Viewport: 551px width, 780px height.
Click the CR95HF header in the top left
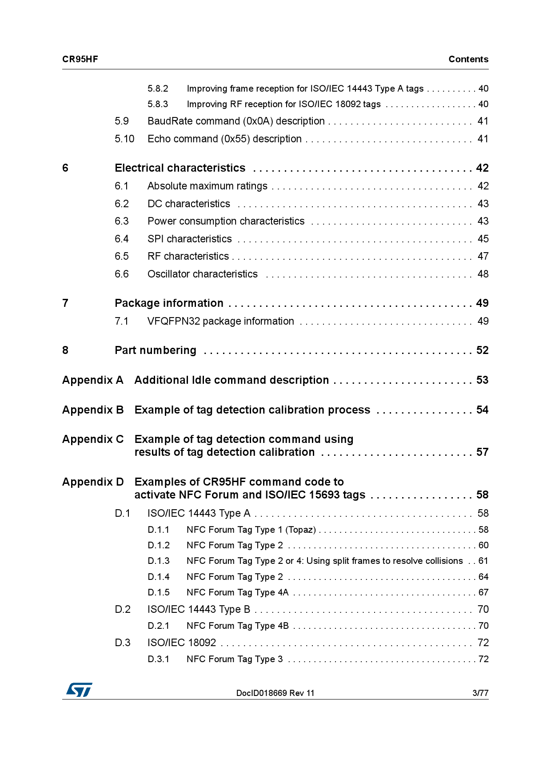point(80,59)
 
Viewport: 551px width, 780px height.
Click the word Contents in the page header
point(468,59)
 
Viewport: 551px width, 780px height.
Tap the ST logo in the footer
point(79,690)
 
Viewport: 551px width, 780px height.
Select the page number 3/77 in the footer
point(480,693)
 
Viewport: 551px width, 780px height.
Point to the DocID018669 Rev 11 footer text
point(275,693)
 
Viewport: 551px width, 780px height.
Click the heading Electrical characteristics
point(180,168)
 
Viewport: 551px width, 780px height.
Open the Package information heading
point(169,303)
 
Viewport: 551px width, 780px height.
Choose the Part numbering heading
point(156,350)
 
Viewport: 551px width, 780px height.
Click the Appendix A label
point(92,380)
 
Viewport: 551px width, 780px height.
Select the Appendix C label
point(93,439)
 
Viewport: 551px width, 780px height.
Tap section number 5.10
point(124,139)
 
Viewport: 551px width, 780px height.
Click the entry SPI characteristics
point(190,239)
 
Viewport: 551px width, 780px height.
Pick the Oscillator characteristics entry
point(203,274)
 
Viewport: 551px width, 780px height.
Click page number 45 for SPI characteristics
point(483,239)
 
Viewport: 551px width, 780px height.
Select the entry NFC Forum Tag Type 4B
point(238,626)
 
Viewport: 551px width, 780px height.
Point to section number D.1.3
point(159,561)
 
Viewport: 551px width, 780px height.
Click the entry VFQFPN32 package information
point(221,321)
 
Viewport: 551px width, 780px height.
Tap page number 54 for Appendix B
point(482,410)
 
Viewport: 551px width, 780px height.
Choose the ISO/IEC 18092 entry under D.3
point(182,643)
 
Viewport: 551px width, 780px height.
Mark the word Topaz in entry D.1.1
point(301,530)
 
